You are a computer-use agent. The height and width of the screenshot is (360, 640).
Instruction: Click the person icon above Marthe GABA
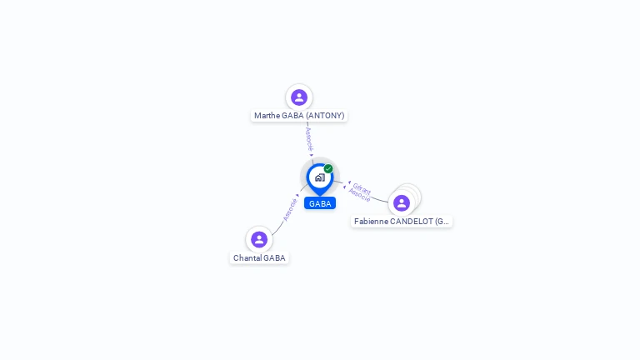point(299,97)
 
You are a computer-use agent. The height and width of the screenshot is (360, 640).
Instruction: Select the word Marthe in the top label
point(267,116)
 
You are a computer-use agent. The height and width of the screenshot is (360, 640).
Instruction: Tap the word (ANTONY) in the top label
point(325,116)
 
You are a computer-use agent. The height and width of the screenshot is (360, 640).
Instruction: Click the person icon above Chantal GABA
point(259,240)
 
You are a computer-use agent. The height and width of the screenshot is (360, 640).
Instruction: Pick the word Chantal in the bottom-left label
point(245,258)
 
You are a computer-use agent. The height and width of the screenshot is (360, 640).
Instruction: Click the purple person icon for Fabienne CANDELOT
point(402,202)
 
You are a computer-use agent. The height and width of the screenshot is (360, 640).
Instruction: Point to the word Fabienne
point(371,221)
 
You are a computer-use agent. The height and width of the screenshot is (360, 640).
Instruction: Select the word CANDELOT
point(412,221)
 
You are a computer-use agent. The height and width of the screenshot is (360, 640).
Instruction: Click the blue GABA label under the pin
point(320,203)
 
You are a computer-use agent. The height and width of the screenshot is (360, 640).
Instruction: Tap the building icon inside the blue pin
point(320,177)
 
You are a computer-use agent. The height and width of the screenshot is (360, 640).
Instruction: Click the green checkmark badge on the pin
point(328,168)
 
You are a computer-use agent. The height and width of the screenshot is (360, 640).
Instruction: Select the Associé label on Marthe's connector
point(309,139)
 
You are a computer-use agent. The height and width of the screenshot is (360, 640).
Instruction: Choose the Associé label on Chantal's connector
point(290,210)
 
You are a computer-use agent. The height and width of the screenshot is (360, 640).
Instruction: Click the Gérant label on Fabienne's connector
point(362,188)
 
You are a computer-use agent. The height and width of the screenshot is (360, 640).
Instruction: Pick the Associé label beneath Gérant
point(359,195)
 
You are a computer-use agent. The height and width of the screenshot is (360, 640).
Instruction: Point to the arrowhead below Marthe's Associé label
point(312,155)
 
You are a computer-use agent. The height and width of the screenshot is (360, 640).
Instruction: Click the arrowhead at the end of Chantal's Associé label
point(297,196)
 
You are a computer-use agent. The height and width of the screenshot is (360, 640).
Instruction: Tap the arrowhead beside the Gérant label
point(349,182)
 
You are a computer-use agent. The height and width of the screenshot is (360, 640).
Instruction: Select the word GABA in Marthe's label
point(292,116)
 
